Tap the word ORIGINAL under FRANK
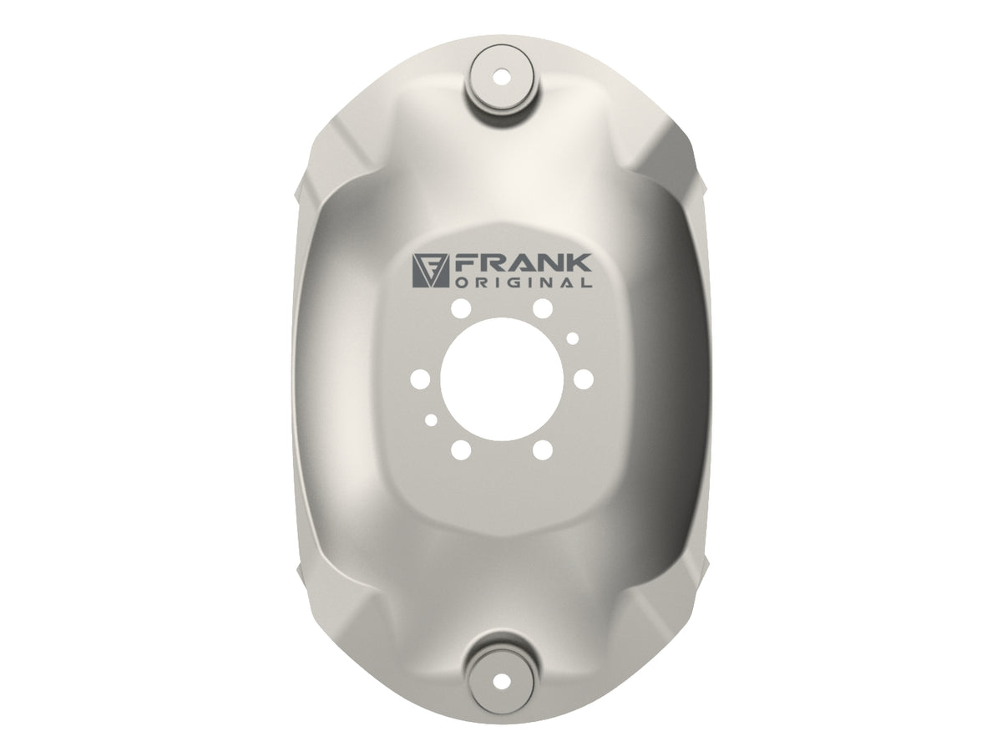[x=524, y=282]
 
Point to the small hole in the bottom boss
[x=503, y=682]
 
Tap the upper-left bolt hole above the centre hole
[x=461, y=308]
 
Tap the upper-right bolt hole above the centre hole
[x=542, y=308]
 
